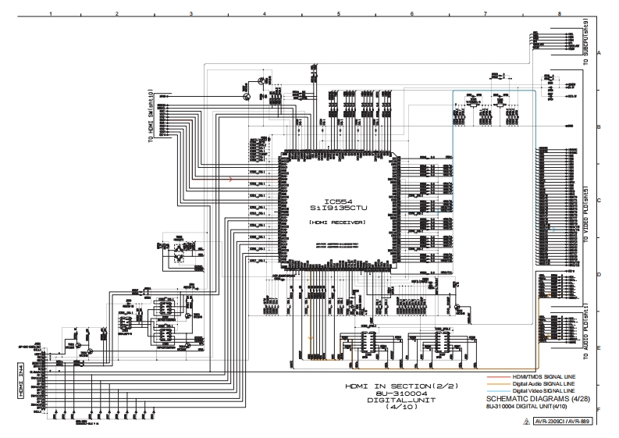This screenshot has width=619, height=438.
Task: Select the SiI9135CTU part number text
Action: tap(337, 208)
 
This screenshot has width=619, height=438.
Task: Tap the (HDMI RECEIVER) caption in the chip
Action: tap(337, 222)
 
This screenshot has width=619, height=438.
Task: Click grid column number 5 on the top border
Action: tap(338, 14)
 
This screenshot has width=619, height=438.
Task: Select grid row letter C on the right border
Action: tap(599, 200)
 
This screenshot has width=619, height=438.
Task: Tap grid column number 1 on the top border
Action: tap(51, 14)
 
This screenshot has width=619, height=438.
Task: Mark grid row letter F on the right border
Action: tap(599, 409)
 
